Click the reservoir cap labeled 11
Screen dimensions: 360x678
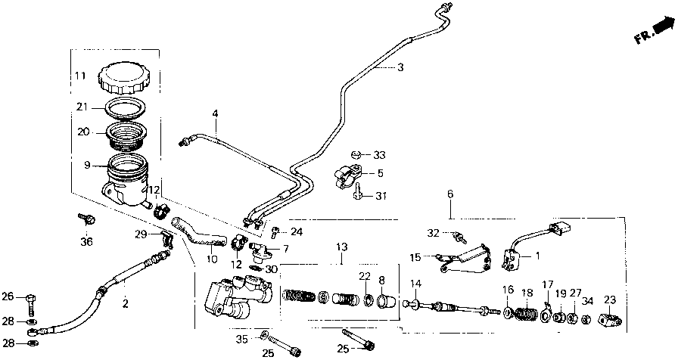pyautogui.click(x=125, y=76)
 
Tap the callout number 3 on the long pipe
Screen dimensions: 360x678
pyautogui.click(x=400, y=67)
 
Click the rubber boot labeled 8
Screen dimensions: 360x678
pyautogui.click(x=384, y=303)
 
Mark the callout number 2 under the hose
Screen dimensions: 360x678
pyautogui.click(x=125, y=304)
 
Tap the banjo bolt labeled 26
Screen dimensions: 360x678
pyautogui.click(x=30, y=296)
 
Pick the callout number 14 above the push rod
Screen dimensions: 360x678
pyautogui.click(x=415, y=284)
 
